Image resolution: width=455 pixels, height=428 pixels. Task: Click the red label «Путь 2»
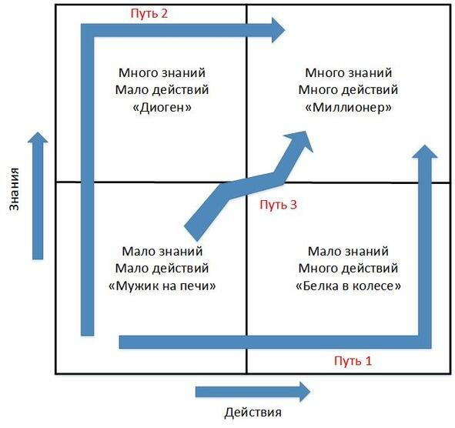[149, 14]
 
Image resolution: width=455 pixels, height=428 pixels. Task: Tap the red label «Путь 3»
[278, 205]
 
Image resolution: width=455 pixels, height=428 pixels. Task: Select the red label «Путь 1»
[353, 361]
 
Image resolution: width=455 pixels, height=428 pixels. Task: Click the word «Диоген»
[162, 108]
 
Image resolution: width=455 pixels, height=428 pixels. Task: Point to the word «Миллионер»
[348, 108]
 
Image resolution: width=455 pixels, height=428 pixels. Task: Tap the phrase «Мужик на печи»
[162, 286]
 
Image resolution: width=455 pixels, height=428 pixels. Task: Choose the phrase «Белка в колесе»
[348, 286]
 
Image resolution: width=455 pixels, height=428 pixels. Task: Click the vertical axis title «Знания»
[14, 189]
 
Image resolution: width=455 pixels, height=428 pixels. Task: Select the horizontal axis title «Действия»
[253, 413]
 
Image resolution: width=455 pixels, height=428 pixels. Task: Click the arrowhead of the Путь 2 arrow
[278, 30]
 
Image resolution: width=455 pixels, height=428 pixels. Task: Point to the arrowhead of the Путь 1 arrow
[425, 152]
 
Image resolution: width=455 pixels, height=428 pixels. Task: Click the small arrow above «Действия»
[253, 392]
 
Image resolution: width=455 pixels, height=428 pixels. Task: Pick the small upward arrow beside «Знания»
[38, 196]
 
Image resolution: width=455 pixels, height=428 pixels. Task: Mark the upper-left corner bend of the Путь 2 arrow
[87, 31]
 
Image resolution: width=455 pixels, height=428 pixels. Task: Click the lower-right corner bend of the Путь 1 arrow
[425, 342]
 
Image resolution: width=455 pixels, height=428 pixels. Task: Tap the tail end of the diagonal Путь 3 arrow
[191, 233]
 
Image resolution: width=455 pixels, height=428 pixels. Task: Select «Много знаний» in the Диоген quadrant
[162, 72]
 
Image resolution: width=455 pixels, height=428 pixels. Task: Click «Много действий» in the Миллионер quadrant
[348, 90]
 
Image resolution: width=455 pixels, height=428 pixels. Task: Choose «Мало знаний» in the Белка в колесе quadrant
[348, 251]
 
